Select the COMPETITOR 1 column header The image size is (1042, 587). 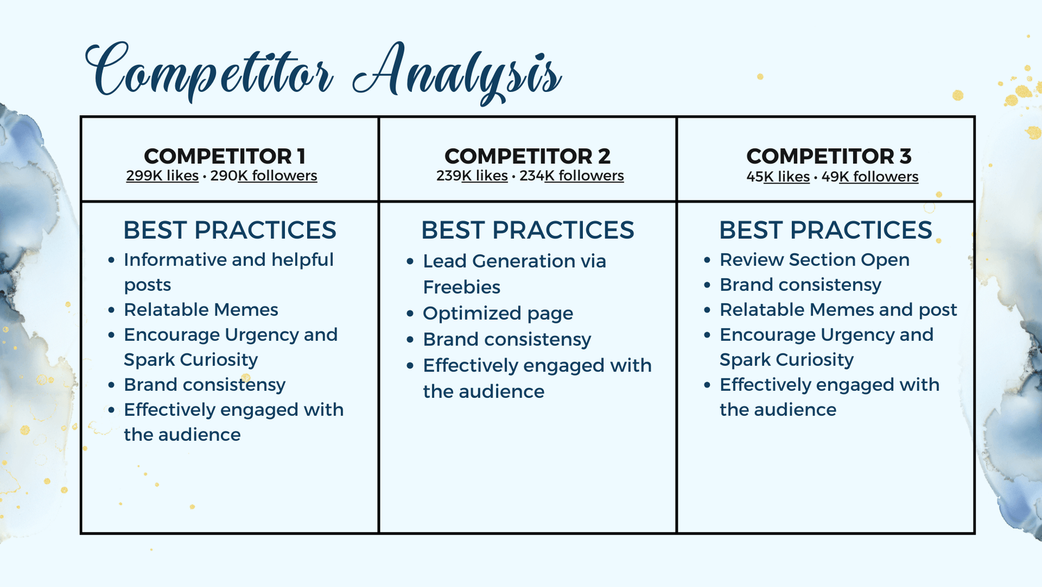[224, 156]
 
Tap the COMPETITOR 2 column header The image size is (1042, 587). [527, 156]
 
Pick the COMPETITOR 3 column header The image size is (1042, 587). [829, 156]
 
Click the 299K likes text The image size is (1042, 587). [163, 176]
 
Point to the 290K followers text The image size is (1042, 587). [264, 176]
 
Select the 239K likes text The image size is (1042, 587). [472, 176]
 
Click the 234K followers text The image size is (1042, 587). [572, 176]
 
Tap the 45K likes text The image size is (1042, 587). [778, 177]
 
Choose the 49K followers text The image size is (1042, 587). [870, 177]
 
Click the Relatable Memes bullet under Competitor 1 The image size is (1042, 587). [201, 309]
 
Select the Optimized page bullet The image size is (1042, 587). [498, 314]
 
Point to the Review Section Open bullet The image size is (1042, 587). [815, 260]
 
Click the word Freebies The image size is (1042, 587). [461, 287]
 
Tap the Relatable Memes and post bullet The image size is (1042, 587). [838, 309]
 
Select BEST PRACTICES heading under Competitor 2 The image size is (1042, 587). [527, 230]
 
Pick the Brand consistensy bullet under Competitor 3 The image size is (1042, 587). [800, 285]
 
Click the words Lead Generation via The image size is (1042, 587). [515, 262]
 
